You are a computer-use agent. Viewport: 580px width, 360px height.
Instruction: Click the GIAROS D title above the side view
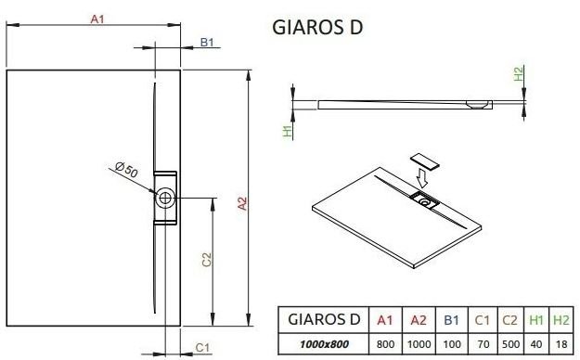pyautogui.click(x=317, y=28)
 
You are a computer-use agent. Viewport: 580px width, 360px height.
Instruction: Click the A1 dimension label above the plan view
pyautogui.click(x=97, y=19)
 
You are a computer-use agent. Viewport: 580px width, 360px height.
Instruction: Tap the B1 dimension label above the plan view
pyautogui.click(x=207, y=43)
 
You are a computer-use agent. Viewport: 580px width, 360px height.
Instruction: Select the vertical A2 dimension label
pyautogui.click(x=242, y=203)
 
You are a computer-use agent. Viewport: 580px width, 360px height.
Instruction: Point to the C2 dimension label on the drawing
pyautogui.click(x=207, y=260)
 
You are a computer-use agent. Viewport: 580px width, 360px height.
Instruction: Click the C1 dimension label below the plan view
pyautogui.click(x=202, y=348)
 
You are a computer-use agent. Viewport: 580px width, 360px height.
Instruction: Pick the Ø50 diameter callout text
pyautogui.click(x=126, y=170)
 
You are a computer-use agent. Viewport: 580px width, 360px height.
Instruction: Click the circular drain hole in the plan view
pyautogui.click(x=165, y=199)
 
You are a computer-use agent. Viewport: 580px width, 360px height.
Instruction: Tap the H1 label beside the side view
pyautogui.click(x=288, y=131)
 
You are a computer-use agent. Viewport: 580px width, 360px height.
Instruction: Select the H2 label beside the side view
pyautogui.click(x=519, y=73)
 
